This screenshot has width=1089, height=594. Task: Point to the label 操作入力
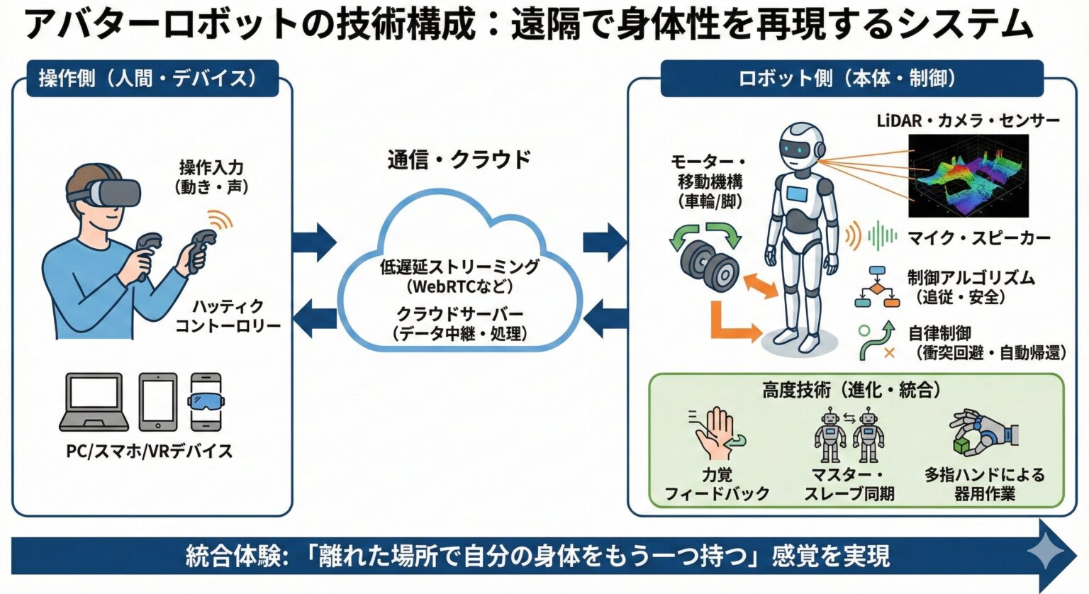pos(211,168)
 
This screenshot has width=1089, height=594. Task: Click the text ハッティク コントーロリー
pos(228,316)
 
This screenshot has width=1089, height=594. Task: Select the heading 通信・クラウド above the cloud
pos(459,159)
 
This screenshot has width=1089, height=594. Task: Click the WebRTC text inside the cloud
pos(459,287)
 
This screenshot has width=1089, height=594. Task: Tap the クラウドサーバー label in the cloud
pos(459,313)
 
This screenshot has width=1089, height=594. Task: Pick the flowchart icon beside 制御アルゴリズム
pos(878,286)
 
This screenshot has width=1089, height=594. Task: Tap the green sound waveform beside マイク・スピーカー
pos(882,236)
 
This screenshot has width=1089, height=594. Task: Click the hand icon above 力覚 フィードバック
pos(717,434)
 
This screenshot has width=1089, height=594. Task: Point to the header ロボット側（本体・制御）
pos(851,78)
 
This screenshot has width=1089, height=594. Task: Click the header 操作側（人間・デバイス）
pos(148,78)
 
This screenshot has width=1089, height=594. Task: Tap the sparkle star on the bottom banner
pos(1046,554)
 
